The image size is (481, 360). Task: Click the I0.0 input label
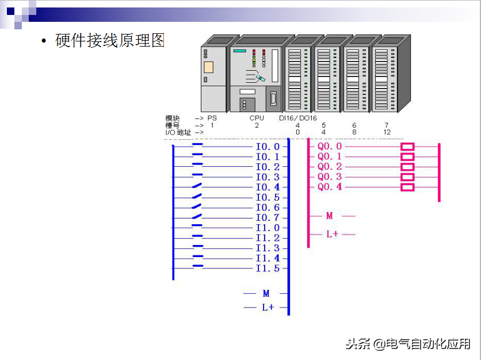(x=268, y=147)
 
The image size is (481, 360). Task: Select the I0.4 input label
(x=268, y=187)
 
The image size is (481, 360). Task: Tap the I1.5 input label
(x=268, y=269)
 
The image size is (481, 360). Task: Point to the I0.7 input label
(x=268, y=218)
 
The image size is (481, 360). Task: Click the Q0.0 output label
(x=330, y=147)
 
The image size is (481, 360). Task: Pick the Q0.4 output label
(x=330, y=187)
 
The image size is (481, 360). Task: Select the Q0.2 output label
(x=330, y=167)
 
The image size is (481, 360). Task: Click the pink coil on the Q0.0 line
(x=407, y=147)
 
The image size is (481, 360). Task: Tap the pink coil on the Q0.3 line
(x=407, y=177)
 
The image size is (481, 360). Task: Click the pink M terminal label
(x=330, y=216)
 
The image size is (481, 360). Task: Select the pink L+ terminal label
(x=332, y=235)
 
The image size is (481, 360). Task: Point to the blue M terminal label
(x=266, y=294)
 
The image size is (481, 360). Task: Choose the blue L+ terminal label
(x=268, y=308)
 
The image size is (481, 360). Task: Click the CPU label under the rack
(x=257, y=118)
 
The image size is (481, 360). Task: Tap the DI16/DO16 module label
(x=298, y=118)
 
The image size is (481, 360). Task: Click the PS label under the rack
(x=212, y=118)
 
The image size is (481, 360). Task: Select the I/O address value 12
(x=387, y=132)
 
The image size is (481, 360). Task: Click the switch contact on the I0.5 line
(x=197, y=197)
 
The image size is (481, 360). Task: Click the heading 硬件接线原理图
(x=110, y=41)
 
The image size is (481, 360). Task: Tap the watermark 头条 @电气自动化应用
(x=407, y=344)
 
